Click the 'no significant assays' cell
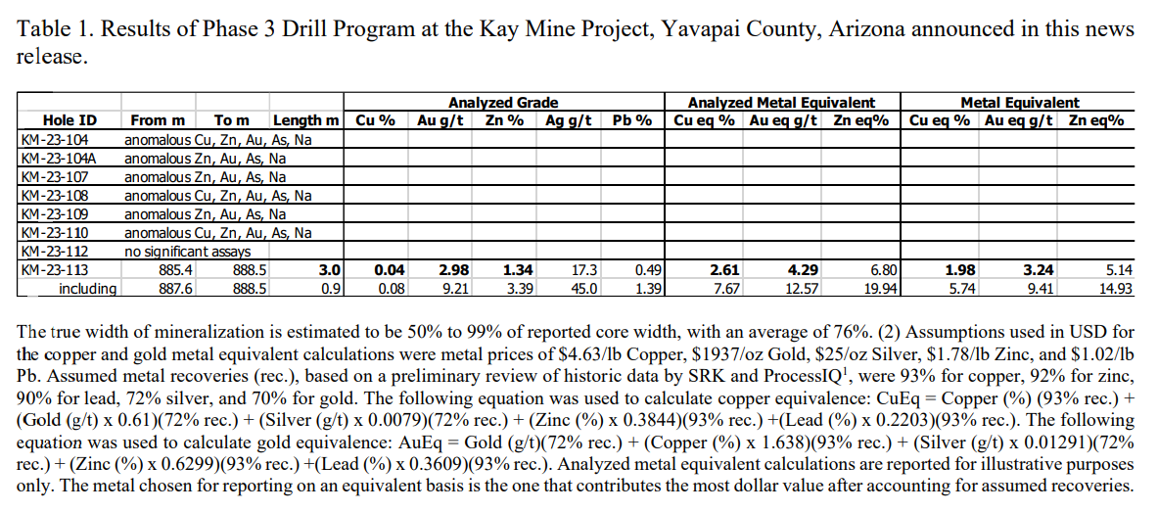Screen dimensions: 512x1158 tap(185, 252)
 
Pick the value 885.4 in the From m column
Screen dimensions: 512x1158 tap(177, 270)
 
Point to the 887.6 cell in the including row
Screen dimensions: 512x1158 tap(177, 289)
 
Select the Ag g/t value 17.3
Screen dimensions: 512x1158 tap(584, 270)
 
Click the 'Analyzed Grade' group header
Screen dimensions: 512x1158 tap(502, 103)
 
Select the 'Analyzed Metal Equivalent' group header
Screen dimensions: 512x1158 tap(781, 103)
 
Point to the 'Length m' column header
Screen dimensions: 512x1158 tap(305, 120)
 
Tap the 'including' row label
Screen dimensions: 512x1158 tap(87, 289)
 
